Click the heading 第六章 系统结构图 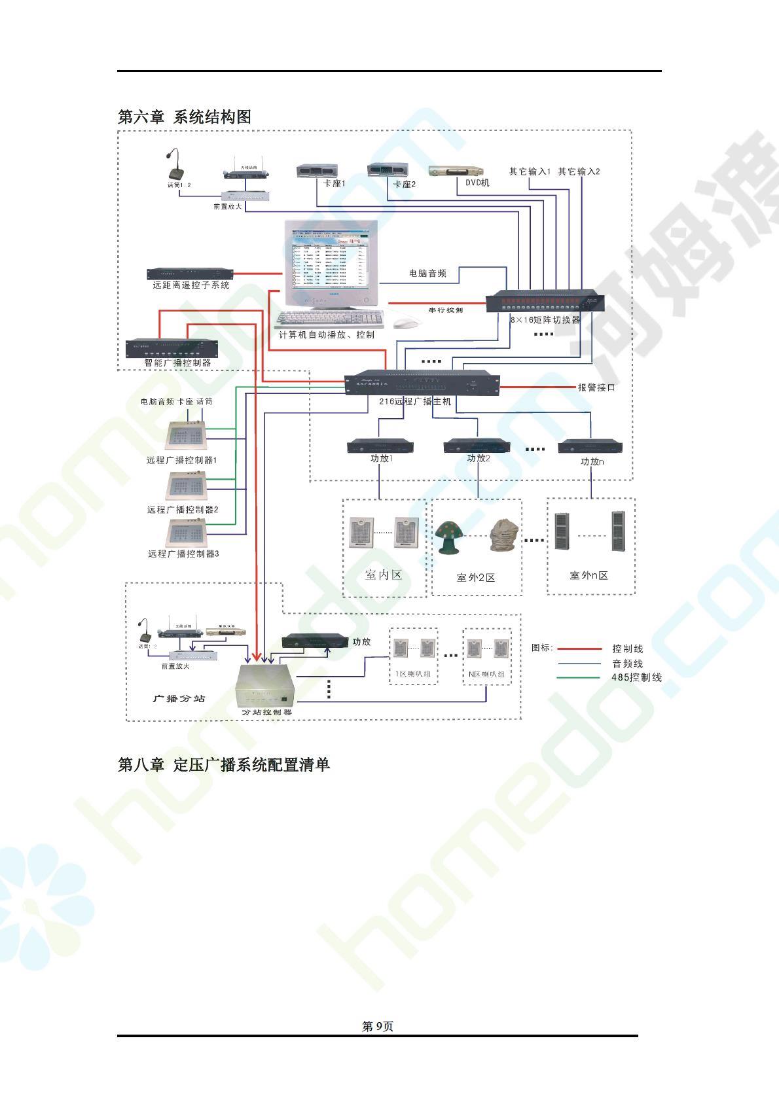tap(184, 117)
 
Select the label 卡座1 tap(334, 184)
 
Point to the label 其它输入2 tap(579, 171)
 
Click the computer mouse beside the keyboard tap(407, 323)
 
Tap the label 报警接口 tap(596, 387)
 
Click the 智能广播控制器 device tap(170, 347)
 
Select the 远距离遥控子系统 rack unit tap(190, 274)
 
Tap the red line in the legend tap(579, 649)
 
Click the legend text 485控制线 tap(636, 677)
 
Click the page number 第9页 tap(378, 1027)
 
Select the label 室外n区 tap(589, 575)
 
